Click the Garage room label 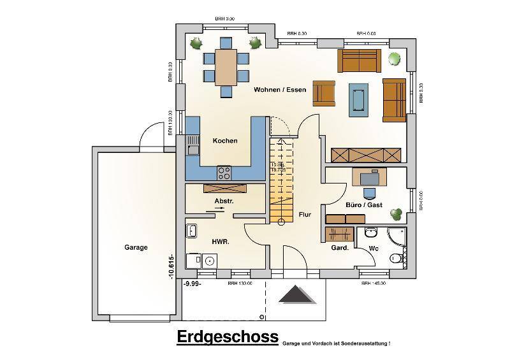point(136,248)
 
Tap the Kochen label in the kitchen point(225,141)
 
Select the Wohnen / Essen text point(279,90)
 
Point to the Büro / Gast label point(364,206)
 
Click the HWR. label point(220,242)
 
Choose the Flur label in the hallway point(305,215)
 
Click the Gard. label point(339,248)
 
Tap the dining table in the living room point(226,67)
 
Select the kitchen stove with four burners point(224,173)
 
